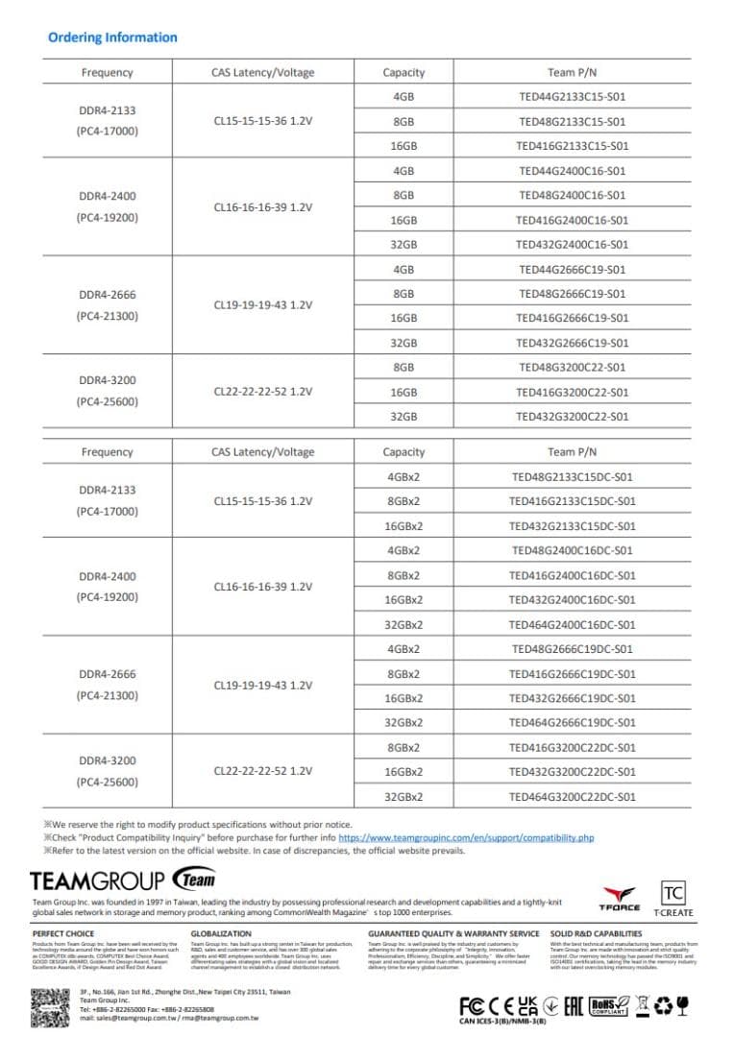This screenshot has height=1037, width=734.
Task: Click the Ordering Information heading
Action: point(112,37)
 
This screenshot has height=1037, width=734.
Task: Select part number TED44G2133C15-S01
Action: point(572,97)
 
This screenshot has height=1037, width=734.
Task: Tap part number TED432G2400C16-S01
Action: point(572,245)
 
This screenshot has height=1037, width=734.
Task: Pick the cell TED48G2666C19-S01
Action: point(572,294)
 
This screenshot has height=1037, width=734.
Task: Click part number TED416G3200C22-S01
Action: point(572,392)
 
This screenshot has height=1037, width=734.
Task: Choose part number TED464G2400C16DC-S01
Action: point(572,624)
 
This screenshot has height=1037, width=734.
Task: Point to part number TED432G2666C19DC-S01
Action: point(572,698)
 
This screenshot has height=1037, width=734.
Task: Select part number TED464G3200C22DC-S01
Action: point(572,797)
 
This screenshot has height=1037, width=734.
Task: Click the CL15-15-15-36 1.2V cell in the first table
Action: point(262,122)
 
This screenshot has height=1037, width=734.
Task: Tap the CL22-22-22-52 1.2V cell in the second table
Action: point(262,771)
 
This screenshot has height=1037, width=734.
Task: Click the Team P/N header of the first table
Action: point(572,72)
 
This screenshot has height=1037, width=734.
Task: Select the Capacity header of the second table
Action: point(404,452)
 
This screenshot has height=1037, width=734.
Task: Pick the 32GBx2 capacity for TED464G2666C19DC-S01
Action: point(404,723)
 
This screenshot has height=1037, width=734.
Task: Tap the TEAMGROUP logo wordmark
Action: point(98,880)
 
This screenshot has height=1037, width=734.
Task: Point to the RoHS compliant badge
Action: point(609,1005)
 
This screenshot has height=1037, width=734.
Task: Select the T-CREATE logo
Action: point(673,898)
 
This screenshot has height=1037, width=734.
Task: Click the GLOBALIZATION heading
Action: point(221,933)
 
